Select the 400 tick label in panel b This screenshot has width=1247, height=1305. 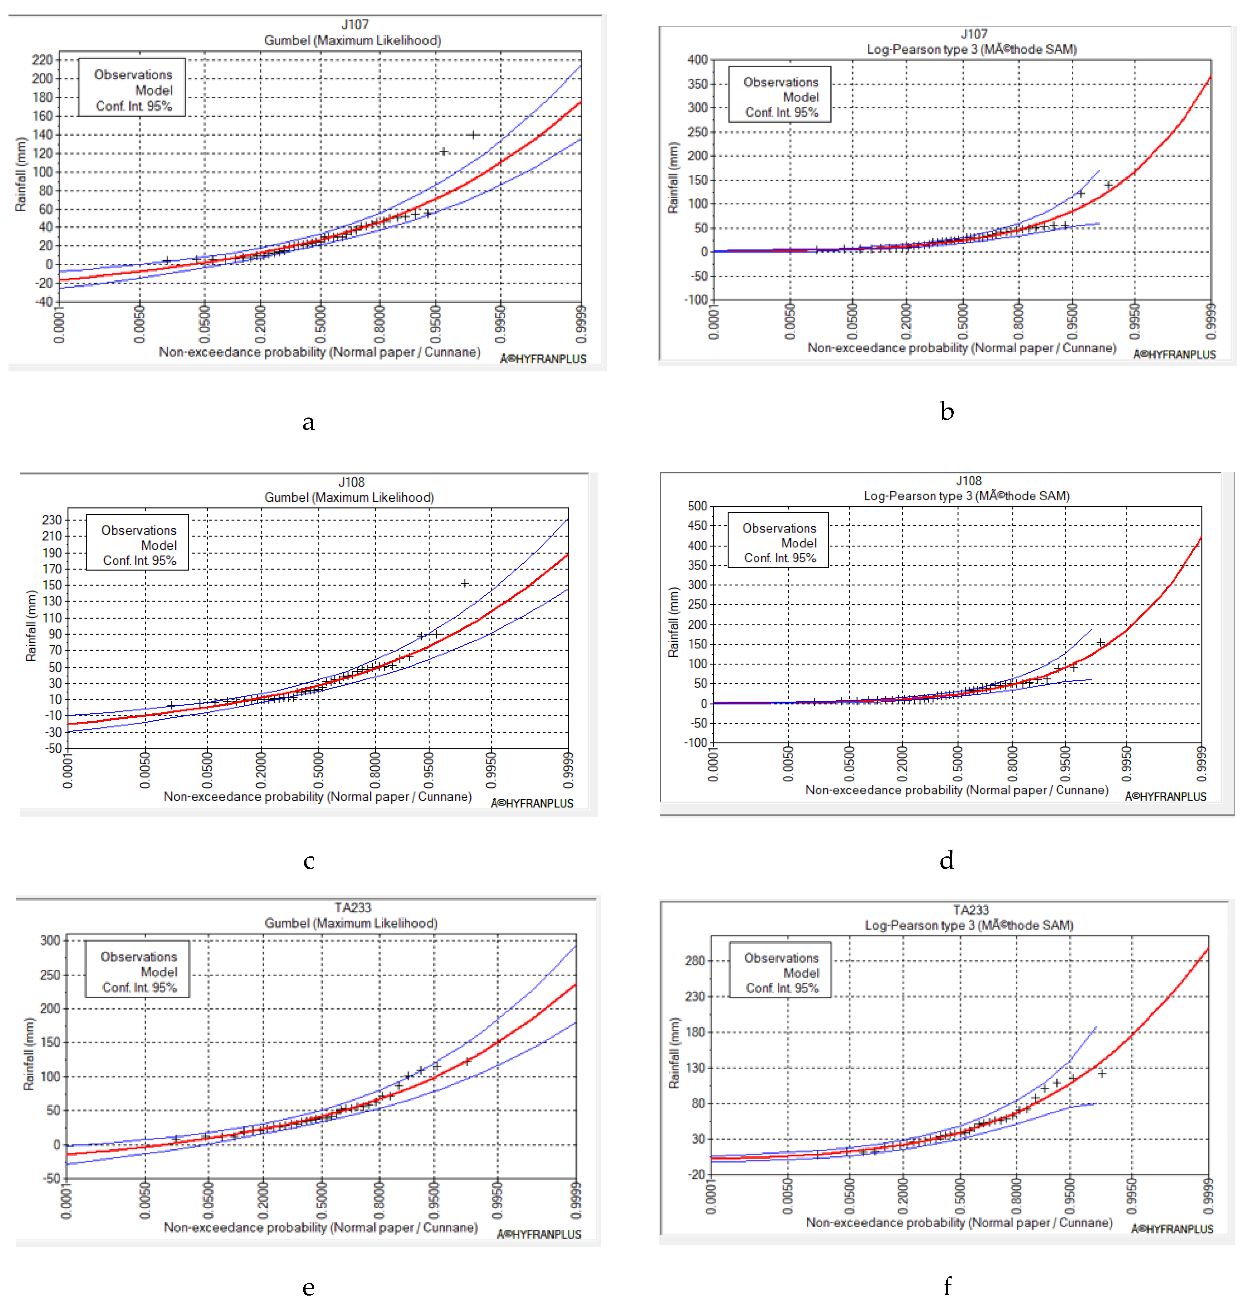tap(697, 60)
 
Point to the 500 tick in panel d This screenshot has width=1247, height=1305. tap(697, 506)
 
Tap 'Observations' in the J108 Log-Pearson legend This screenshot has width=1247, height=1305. tap(779, 528)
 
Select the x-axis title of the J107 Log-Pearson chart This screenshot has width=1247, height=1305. tap(961, 348)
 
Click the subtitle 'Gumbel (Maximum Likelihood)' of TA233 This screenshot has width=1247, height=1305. tap(351, 923)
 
